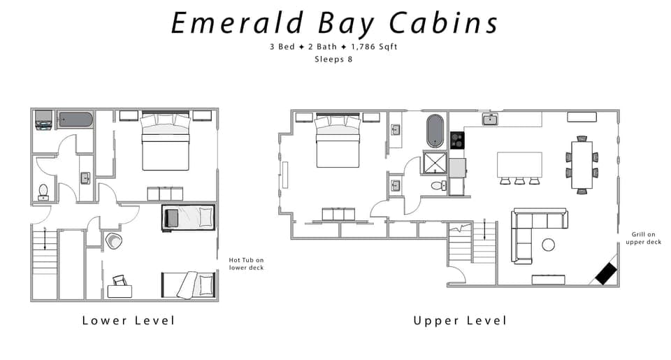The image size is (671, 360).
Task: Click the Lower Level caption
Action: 128,320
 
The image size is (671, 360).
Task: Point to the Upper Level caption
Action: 459,320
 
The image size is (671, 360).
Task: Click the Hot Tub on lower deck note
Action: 246,264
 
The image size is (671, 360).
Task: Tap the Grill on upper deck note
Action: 644,238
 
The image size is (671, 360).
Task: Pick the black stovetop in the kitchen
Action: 457,141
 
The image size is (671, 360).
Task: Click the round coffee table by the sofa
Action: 548,245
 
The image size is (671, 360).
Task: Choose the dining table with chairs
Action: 582,165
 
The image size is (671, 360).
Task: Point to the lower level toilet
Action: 43,191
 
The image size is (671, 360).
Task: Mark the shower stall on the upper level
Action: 435,164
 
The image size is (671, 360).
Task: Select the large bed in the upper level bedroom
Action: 338,141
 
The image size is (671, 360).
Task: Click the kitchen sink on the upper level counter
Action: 491,120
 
